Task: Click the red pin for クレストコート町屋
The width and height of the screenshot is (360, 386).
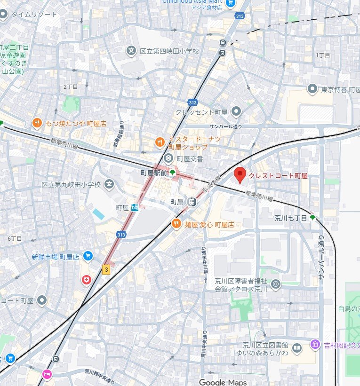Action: pos(240,175)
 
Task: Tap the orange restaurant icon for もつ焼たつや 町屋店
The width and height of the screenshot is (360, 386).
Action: pos(37,123)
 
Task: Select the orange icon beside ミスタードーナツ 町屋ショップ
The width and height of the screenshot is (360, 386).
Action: pos(160,142)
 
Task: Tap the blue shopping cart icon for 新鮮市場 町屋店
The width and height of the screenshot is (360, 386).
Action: pos(87,256)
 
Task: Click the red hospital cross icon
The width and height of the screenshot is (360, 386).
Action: pos(86,280)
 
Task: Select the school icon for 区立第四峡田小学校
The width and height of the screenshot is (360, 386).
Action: pos(131,51)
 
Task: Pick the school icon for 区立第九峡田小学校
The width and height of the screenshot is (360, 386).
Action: pos(109,184)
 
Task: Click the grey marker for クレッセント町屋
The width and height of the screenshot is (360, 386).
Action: pos(236,111)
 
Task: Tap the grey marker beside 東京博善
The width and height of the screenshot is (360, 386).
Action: pos(312,89)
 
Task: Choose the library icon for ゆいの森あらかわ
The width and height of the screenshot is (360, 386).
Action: pos(296,348)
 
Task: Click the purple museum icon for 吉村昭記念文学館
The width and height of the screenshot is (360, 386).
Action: pos(315,345)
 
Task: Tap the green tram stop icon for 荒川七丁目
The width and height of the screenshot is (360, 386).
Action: pos(312,218)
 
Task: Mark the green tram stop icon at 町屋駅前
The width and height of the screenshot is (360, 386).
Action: pos(172,173)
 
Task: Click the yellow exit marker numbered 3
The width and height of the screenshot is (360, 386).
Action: pos(106,269)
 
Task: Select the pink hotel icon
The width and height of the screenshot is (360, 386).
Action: pos(47,374)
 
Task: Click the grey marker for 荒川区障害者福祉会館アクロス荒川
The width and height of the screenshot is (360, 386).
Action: pos(275,284)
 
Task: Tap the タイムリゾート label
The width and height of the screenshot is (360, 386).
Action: pos(34,14)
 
